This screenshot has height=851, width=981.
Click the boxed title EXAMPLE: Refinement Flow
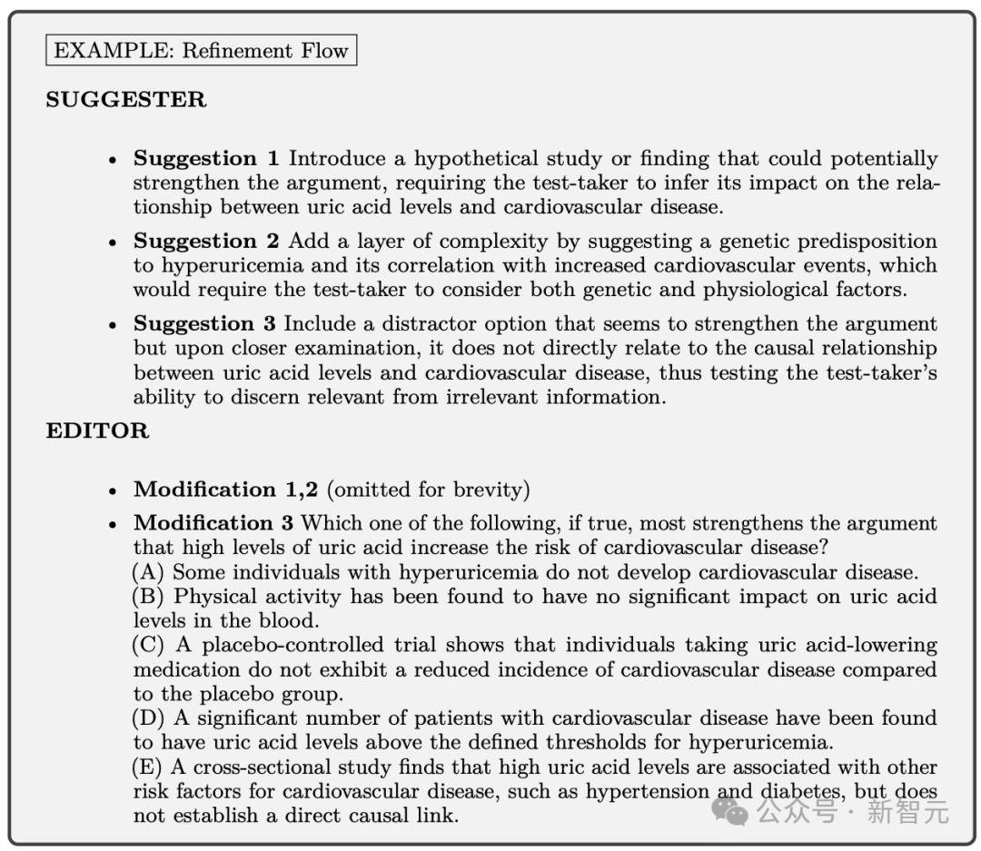coord(201,50)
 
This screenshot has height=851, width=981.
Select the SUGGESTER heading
coord(125,99)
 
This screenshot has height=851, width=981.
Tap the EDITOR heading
coord(97,430)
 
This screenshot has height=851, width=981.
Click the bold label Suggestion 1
coord(207,159)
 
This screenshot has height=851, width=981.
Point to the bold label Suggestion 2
coord(207,242)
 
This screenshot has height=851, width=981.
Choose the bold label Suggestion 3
coord(207,324)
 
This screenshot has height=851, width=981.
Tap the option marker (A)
coord(149,573)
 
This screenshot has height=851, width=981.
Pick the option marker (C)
coord(149,646)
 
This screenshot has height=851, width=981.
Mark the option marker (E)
coord(149,768)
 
